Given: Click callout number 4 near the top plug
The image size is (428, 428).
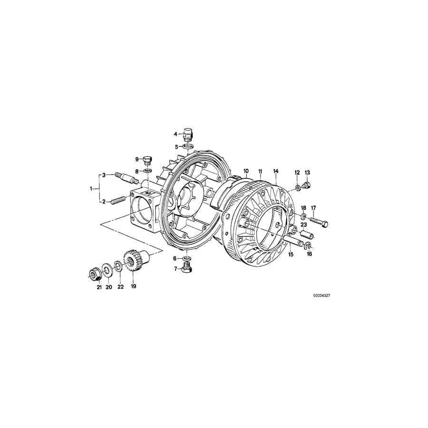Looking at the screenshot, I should coord(175,134).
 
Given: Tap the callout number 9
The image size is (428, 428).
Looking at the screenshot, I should coord(136,159).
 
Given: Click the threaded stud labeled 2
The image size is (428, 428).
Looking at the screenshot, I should coord(118,202).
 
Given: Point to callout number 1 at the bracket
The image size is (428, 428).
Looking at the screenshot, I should coord(91,188).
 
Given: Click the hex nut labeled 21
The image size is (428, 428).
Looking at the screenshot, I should coord(93,274).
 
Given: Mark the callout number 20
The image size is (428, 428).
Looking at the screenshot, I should coord(108,287).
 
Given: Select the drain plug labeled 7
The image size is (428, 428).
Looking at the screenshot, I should coord(186,270).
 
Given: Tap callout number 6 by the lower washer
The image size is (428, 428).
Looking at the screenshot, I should coord(175,258).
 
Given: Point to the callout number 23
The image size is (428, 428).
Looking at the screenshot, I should coord(304,224).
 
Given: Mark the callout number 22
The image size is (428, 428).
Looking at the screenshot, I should coord(120,287).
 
